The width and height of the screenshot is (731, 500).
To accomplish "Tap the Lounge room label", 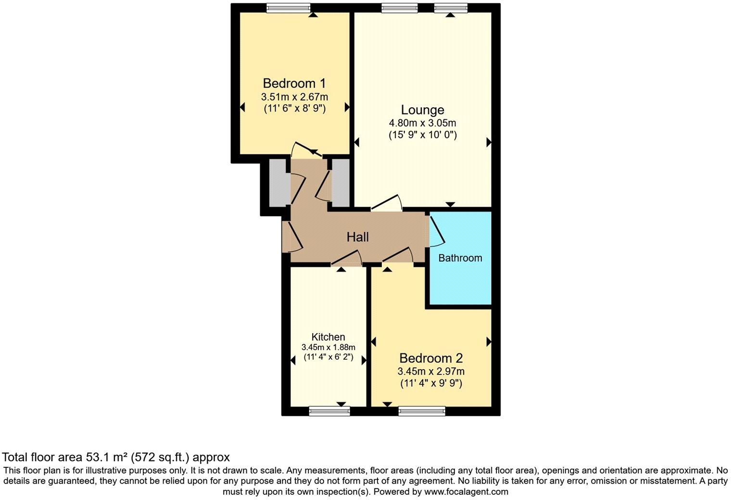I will [x=423, y=110].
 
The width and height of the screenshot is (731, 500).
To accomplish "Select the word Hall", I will [x=358, y=237].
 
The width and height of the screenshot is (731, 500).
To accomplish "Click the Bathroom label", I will [x=460, y=258].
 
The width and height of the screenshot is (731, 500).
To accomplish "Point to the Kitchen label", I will [x=328, y=337].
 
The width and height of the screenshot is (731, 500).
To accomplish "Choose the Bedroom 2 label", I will [x=431, y=358].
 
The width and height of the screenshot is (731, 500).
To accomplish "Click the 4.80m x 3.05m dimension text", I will [x=423, y=124].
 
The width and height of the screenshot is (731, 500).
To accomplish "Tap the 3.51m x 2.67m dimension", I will [x=294, y=97].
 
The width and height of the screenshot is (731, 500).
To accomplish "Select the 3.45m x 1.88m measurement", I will [x=328, y=347].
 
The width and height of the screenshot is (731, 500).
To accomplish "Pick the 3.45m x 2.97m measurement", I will [x=431, y=371].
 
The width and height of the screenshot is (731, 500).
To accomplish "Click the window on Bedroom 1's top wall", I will [x=289, y=7].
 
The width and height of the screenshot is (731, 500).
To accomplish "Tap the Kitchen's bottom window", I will [x=329, y=411].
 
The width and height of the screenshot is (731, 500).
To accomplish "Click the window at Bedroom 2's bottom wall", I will [x=422, y=411].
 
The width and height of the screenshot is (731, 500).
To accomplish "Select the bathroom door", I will [x=437, y=231].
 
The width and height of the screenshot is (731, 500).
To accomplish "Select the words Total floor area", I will [x=43, y=457].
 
